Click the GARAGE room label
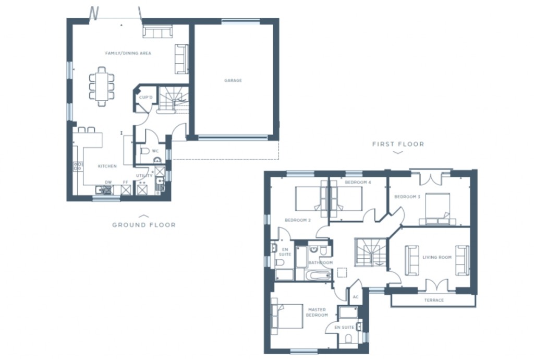[x=233, y=80]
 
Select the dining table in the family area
[x=102, y=86]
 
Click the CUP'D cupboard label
[x=145, y=97]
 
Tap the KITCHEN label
[x=107, y=166]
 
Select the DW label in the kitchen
[x=108, y=182]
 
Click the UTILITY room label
[x=144, y=176]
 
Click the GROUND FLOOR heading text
[x=144, y=225]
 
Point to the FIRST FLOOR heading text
[x=398, y=144]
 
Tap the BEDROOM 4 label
[x=358, y=183]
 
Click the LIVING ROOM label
[x=437, y=257]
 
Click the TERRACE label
[x=434, y=300]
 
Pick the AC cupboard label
[x=356, y=297]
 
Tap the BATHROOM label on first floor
[x=320, y=262]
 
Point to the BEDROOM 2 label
[x=297, y=220]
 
